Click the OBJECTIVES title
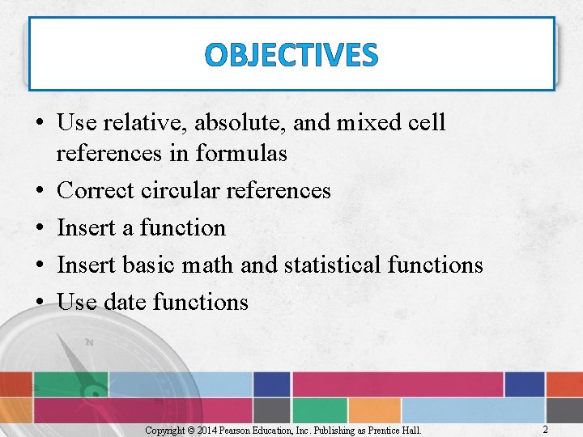291,55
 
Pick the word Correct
96,190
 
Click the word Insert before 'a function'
87,227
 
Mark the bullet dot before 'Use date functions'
40,303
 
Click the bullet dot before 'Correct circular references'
40,191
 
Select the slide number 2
545,430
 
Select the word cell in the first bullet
427,123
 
